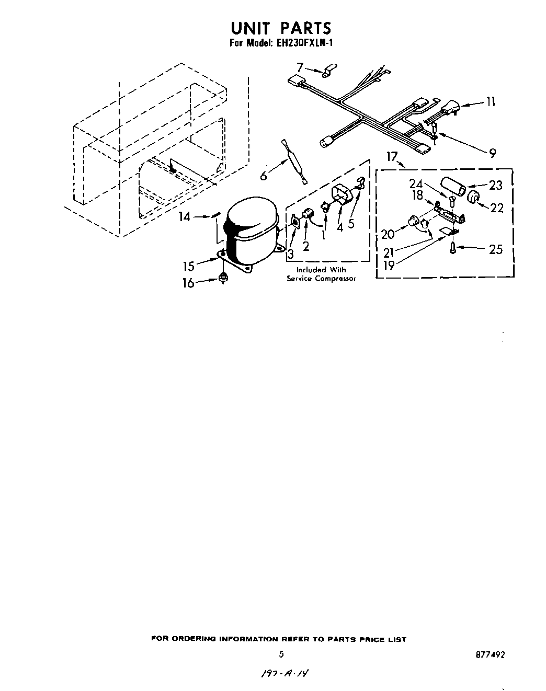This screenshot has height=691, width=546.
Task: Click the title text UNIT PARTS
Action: pyautogui.click(x=281, y=28)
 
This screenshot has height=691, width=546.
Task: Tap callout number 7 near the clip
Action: pyautogui.click(x=300, y=67)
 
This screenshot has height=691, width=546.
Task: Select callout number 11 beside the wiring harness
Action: pyautogui.click(x=490, y=102)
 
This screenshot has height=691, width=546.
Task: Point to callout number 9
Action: pyautogui.click(x=492, y=153)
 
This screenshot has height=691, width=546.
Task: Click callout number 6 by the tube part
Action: pyautogui.click(x=264, y=176)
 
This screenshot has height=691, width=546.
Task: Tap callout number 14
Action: pyautogui.click(x=185, y=216)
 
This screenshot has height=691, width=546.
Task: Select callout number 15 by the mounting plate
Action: pyautogui.click(x=188, y=266)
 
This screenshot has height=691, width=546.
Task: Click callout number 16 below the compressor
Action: pyautogui.click(x=188, y=283)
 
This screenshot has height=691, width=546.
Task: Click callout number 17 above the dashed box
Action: pyautogui.click(x=392, y=156)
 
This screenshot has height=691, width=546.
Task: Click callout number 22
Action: pyautogui.click(x=496, y=208)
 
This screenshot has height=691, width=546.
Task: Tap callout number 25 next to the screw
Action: pyautogui.click(x=495, y=249)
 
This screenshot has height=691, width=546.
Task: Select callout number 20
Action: pyautogui.click(x=388, y=234)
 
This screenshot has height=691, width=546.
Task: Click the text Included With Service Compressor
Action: pyautogui.click(x=321, y=274)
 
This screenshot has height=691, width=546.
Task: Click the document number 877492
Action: pyautogui.click(x=491, y=654)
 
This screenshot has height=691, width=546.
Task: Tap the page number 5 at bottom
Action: pyautogui.click(x=281, y=653)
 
